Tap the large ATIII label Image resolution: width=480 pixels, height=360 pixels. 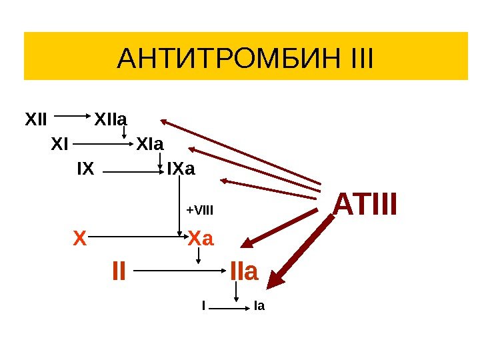365,205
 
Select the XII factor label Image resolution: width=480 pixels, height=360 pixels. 36,121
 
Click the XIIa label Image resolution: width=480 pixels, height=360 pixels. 111,121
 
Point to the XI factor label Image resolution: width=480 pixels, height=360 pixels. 60,143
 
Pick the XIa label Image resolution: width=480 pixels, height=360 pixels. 151,143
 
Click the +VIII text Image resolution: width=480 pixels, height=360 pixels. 199,211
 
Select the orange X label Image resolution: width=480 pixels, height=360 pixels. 80,237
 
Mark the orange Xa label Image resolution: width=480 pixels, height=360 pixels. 201,237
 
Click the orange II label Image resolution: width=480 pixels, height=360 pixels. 119,271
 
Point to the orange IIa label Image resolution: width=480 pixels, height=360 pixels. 243,271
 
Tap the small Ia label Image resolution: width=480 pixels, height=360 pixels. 259,307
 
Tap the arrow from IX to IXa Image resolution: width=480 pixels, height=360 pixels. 134,171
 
